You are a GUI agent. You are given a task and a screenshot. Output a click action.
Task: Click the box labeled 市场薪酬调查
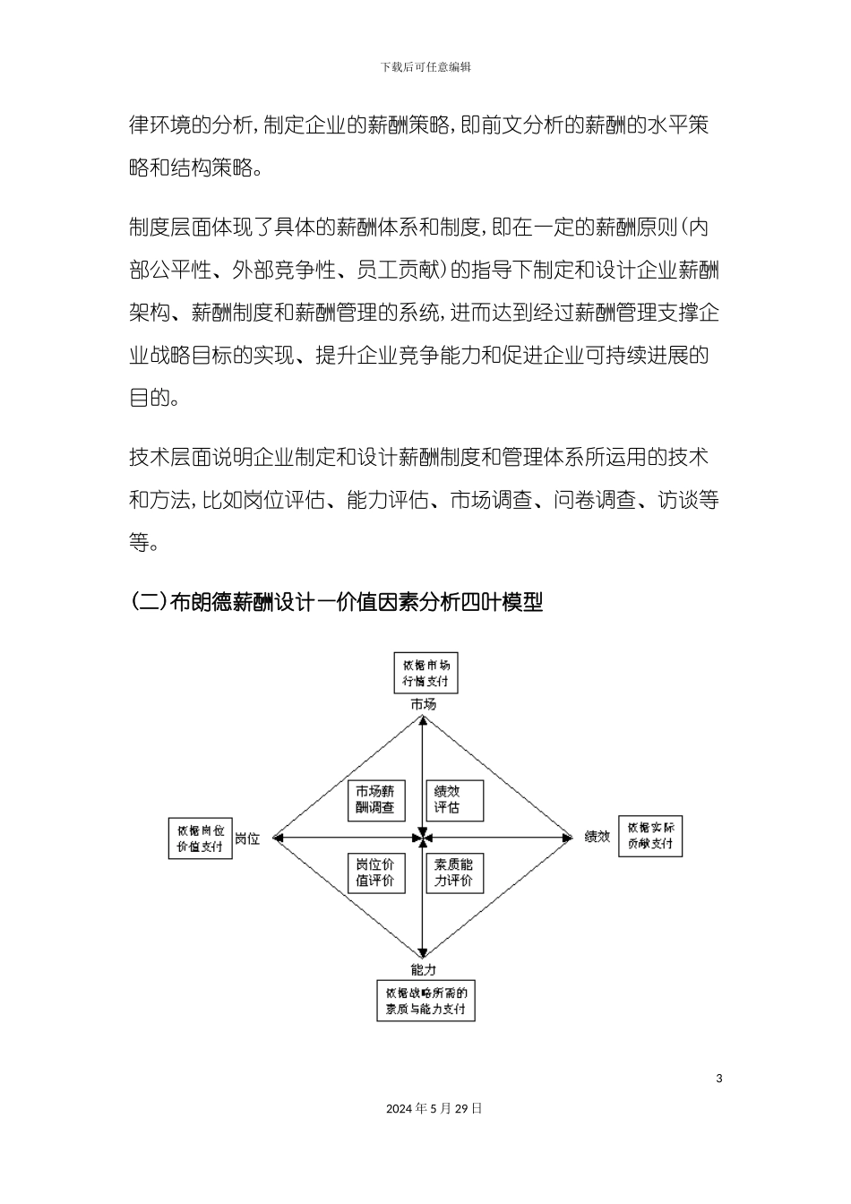click(375, 800)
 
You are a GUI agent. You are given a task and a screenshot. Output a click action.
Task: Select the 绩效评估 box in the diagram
click(454, 800)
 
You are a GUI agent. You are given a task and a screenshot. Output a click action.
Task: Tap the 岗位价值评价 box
click(375, 873)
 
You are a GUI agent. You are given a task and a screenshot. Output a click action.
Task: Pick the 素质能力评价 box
click(454, 873)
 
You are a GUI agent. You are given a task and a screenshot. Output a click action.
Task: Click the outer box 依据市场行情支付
click(426, 673)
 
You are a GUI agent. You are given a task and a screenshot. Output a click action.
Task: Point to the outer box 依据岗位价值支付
click(201, 838)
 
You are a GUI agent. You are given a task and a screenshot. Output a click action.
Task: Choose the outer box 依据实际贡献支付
click(650, 837)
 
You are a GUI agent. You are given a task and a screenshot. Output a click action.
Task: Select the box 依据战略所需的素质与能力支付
click(425, 1001)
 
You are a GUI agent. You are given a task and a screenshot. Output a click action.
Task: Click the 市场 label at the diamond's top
click(424, 705)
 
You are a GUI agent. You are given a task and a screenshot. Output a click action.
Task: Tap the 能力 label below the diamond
click(424, 969)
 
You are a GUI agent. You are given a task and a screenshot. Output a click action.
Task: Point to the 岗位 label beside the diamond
click(247, 839)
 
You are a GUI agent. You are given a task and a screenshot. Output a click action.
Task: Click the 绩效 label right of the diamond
click(597, 837)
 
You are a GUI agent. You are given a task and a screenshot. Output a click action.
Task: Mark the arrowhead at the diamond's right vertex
click(567, 838)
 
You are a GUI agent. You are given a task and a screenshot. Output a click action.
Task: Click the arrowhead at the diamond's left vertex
click(279, 838)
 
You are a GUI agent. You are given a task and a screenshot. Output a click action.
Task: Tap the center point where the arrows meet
click(423, 838)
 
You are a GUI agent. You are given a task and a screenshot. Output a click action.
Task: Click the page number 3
click(719, 1078)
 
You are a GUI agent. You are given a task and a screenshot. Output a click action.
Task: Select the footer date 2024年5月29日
click(434, 1108)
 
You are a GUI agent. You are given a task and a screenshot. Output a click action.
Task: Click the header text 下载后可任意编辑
click(425, 67)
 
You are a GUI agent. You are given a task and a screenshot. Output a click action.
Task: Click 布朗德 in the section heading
click(200, 602)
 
